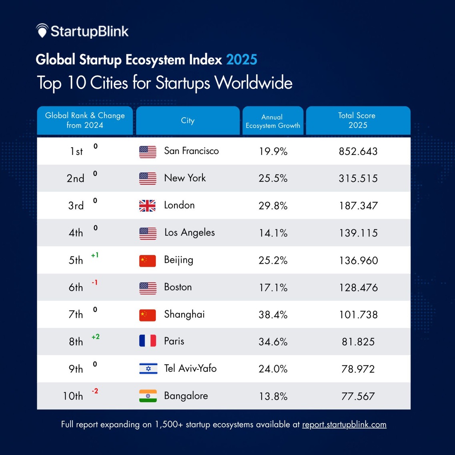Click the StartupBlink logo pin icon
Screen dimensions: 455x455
click(x=42, y=31)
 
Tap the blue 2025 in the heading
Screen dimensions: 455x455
click(x=241, y=60)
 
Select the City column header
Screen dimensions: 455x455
click(x=187, y=120)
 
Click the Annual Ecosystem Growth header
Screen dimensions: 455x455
click(x=273, y=121)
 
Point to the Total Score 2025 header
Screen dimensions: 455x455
click(x=358, y=120)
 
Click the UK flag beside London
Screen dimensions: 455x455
click(x=148, y=206)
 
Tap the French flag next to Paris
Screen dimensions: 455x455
click(x=148, y=341)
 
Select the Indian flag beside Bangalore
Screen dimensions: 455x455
click(x=148, y=396)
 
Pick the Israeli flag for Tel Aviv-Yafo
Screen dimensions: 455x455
click(x=148, y=369)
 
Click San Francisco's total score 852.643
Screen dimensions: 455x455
click(x=358, y=151)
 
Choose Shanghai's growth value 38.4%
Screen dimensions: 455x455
click(x=273, y=315)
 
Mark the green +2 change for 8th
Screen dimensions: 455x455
click(x=95, y=337)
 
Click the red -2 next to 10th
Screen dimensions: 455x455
click(x=95, y=391)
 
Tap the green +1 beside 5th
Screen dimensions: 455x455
click(x=95, y=255)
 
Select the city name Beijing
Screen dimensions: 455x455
click(x=178, y=260)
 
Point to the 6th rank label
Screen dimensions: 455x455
click(x=76, y=287)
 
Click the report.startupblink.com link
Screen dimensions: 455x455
click(x=344, y=425)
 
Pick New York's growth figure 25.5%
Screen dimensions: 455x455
click(x=273, y=178)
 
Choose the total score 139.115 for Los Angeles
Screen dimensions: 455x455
click(x=358, y=233)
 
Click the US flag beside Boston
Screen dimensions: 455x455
click(x=148, y=287)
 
